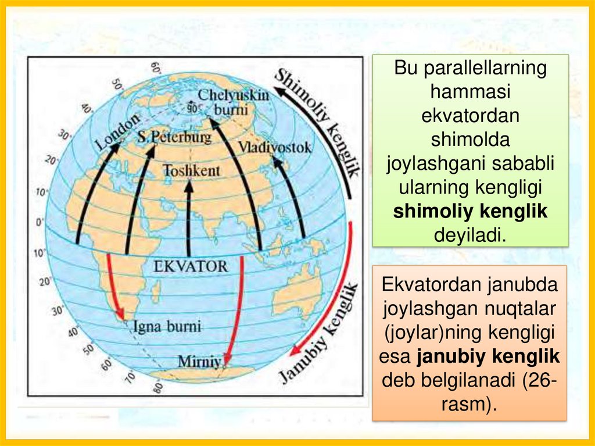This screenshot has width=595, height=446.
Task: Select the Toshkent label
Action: click(x=191, y=170)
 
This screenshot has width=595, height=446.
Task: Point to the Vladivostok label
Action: click(x=274, y=146)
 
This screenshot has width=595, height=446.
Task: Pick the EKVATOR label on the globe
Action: click(x=192, y=266)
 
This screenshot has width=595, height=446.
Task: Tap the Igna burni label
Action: click(x=167, y=326)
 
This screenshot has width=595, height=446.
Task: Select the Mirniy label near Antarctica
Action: click(x=199, y=361)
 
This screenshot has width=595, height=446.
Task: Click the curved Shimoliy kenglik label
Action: click(x=319, y=119)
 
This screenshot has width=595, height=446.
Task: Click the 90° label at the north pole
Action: click(x=192, y=108)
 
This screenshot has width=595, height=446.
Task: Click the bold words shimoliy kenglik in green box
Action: click(x=470, y=212)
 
